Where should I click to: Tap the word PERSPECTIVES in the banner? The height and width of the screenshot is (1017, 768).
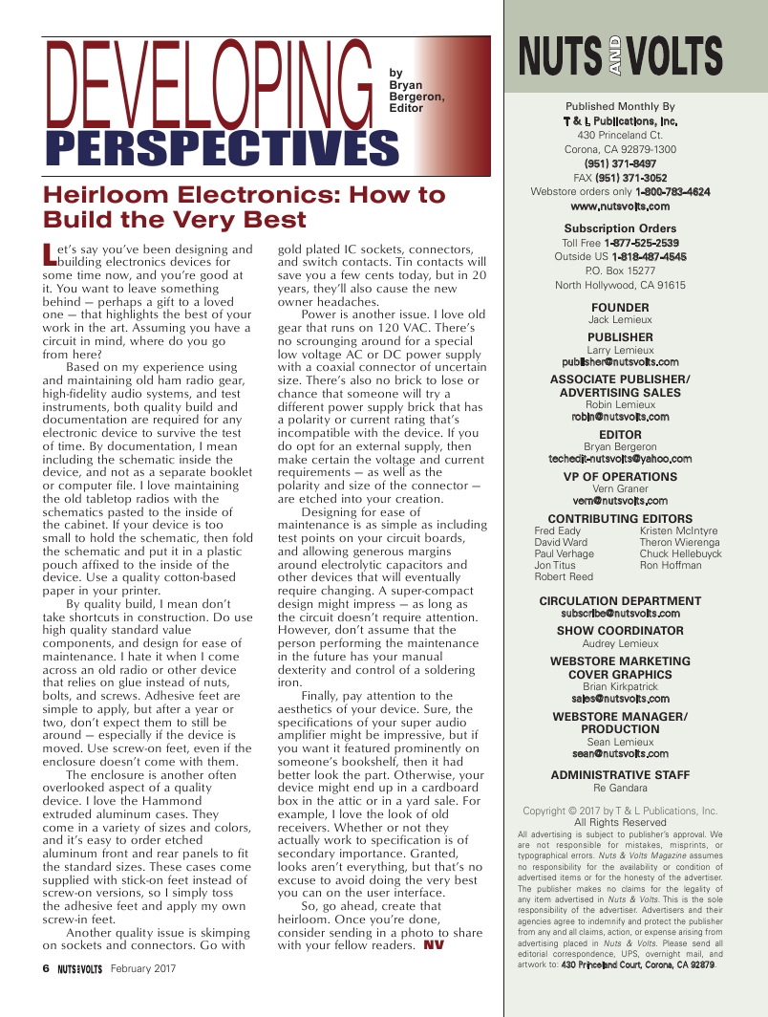(222, 149)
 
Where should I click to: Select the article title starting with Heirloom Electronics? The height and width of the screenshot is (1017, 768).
(245, 207)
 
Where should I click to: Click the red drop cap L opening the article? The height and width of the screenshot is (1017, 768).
(51, 254)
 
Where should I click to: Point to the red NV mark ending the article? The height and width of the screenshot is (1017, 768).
(434, 945)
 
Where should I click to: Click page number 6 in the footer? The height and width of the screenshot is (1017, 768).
(45, 967)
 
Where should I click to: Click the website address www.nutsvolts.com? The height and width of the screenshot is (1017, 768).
(620, 206)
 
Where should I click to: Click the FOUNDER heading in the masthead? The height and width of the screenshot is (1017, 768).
(620, 307)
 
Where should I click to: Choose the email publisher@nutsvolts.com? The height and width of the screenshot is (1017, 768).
(620, 362)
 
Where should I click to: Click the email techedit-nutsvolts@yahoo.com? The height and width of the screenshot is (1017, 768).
(620, 459)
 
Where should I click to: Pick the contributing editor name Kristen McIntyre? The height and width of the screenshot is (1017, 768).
(678, 531)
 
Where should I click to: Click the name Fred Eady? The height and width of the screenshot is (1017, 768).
(557, 531)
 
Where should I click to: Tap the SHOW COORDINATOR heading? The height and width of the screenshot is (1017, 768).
(620, 631)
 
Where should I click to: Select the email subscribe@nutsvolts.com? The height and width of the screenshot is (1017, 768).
(620, 614)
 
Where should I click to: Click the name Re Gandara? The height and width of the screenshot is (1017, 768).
(620, 789)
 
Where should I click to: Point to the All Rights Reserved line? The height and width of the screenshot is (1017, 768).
(620, 822)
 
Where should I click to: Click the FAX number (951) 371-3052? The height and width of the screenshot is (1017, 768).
(630, 178)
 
